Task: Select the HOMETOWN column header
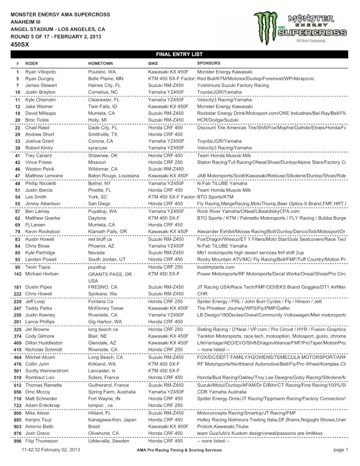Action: pos(100,64)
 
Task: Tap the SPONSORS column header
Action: pos(208,63)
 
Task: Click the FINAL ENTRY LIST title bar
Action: pos(179,54)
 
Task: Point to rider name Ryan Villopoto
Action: pos(41,72)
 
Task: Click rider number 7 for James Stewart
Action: pos(18,86)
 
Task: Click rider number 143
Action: pos(18,274)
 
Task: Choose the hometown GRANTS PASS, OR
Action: pos(110,274)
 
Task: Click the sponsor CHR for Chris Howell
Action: pos(202,294)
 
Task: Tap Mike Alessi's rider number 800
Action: pos(18,413)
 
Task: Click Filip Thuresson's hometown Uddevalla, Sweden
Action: pos(108,441)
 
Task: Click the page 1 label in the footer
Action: pos(341,450)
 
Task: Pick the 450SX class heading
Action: pos(20,44)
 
